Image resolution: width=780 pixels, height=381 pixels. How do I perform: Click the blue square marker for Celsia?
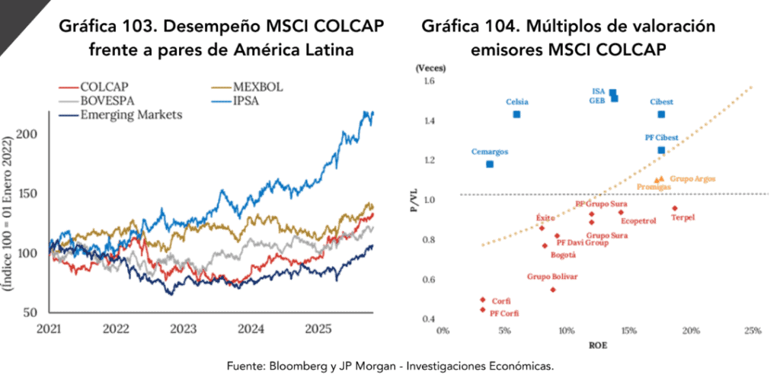tap(516, 114)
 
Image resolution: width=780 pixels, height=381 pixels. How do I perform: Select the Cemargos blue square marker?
tap(490, 164)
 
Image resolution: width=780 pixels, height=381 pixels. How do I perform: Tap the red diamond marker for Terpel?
tap(675, 208)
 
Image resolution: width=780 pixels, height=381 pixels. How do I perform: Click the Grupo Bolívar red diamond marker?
tap(553, 290)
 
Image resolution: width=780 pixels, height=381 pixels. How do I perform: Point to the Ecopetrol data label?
tap(638, 222)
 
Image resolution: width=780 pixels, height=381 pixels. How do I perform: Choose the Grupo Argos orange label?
tap(692, 178)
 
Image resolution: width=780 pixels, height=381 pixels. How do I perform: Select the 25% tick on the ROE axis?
tap(752, 331)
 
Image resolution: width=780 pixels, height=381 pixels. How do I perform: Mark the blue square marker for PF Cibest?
tap(661, 150)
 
